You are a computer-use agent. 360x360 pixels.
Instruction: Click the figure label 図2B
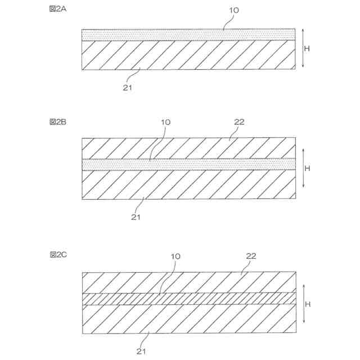tap(58, 122)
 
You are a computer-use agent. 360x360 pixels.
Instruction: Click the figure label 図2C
tap(58, 255)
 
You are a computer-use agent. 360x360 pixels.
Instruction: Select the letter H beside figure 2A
tap(307, 48)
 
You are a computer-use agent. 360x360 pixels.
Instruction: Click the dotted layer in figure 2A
tap(188, 34)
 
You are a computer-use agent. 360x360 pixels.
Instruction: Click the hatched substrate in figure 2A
tap(188, 55)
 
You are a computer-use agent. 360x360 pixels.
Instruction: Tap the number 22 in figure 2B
tap(240, 122)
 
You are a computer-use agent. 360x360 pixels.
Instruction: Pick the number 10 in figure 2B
tap(165, 122)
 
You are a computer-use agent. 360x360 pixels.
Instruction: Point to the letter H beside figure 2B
tap(307, 168)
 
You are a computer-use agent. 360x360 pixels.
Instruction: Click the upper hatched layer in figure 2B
tap(188, 148)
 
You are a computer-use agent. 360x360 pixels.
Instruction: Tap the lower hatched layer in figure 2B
tap(188, 184)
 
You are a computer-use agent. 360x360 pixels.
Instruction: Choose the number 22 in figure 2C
tap(251, 255)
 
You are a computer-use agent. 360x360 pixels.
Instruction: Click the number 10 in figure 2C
tap(175, 256)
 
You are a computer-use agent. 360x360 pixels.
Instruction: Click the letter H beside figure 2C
tap(307, 304)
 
